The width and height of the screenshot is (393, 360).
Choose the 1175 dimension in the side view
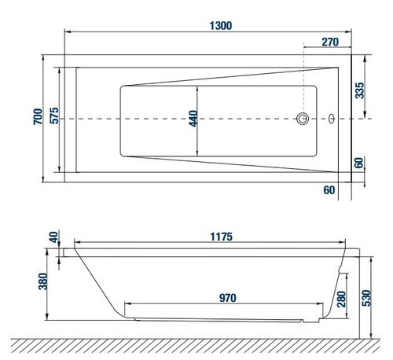[x=222, y=235]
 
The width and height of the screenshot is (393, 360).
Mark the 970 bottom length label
[x=229, y=297]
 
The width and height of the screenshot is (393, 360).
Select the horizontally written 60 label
[x=328, y=189]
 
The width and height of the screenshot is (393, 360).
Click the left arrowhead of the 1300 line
[x=66, y=34]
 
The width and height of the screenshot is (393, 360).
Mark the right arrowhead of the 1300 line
[x=351, y=34]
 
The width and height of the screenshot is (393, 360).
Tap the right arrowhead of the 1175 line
[x=347, y=244]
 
